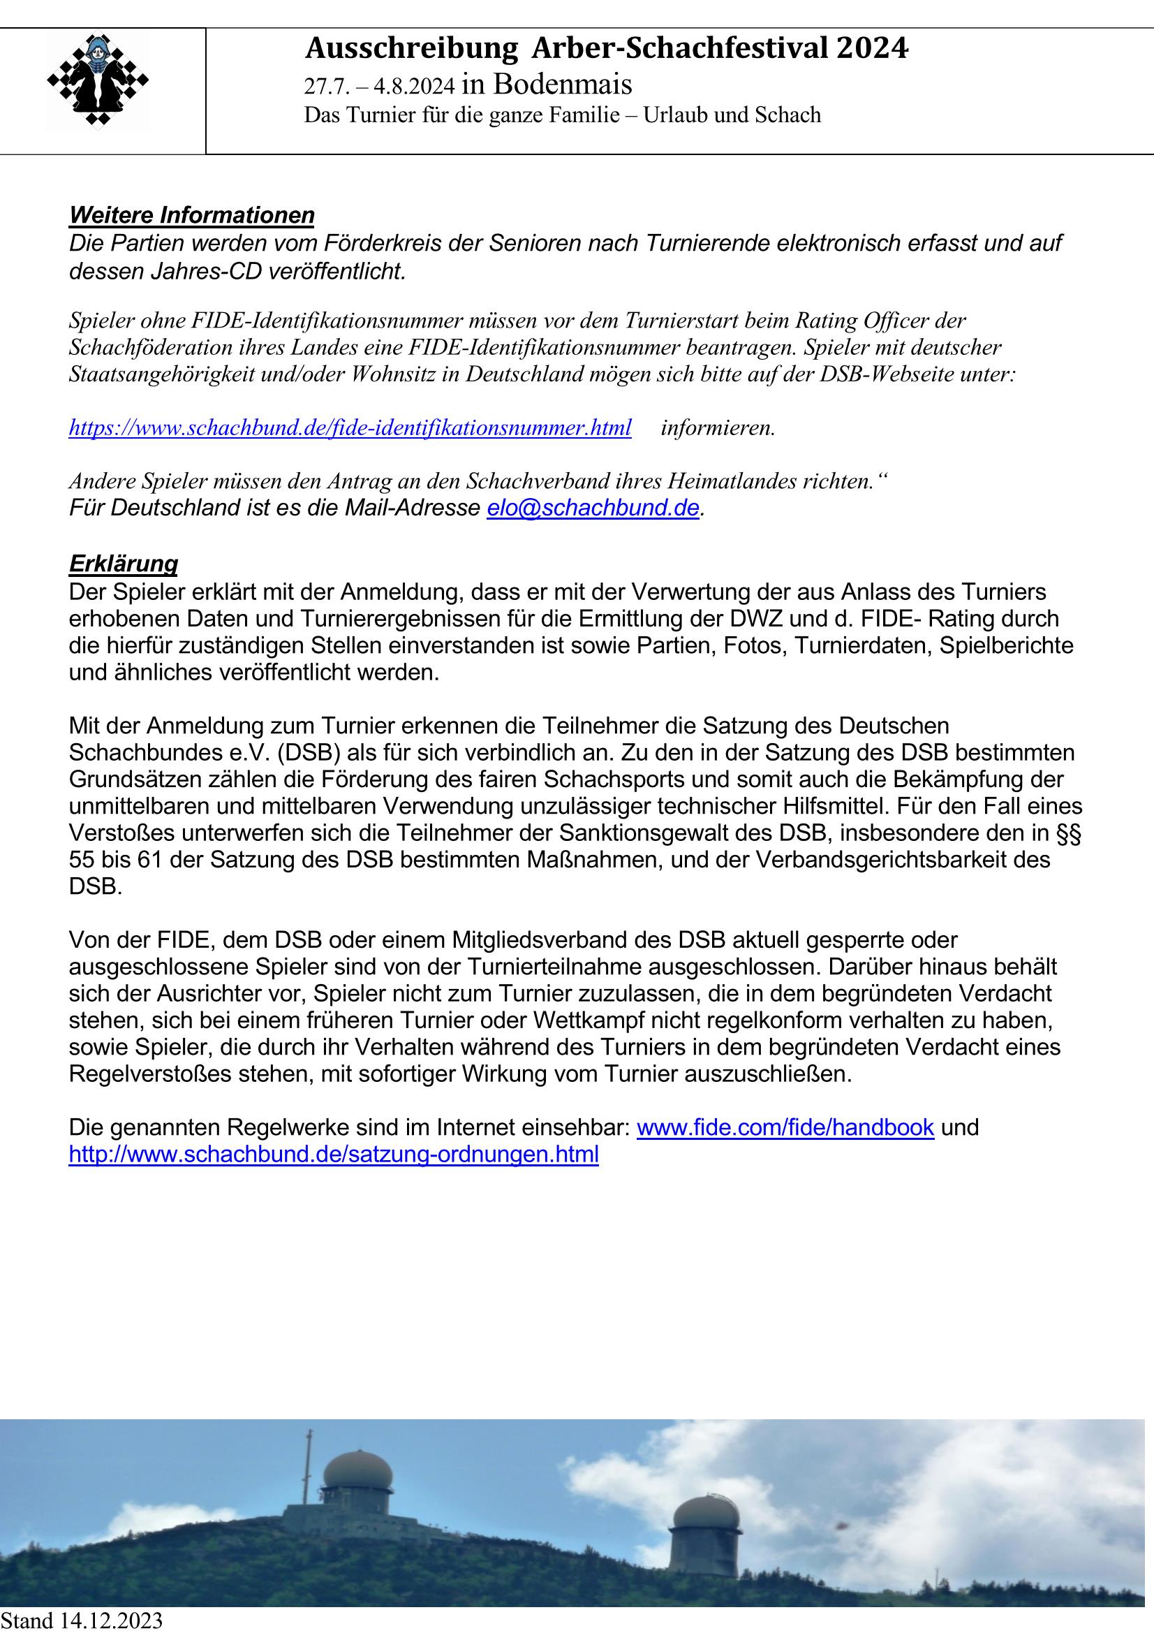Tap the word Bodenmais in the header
click(562, 85)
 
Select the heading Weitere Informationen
click(191, 215)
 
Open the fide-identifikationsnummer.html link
click(350, 428)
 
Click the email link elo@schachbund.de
click(593, 508)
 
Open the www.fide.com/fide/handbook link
click(785, 1127)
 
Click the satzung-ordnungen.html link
click(334, 1155)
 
